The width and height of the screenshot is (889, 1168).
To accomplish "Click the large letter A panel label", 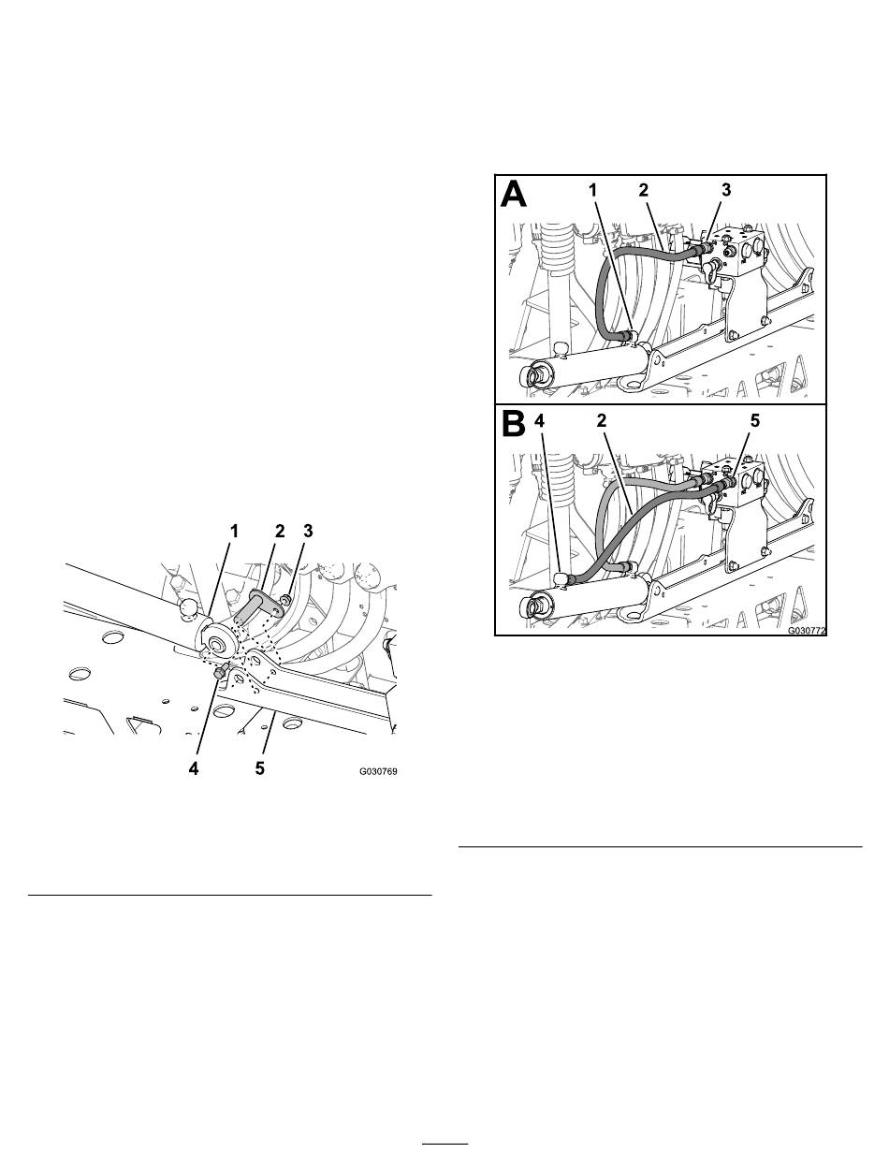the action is point(514,194).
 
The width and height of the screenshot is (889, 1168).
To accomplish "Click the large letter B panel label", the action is point(514,424).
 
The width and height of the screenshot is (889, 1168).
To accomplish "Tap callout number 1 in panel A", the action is point(593,190).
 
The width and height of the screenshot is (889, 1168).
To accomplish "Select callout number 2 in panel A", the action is point(644,190).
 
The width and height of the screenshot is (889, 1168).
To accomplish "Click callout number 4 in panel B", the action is point(539,420).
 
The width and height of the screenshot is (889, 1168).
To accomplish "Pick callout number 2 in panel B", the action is point(601,420).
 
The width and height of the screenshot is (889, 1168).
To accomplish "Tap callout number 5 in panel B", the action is point(755,420).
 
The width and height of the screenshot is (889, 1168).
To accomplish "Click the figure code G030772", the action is point(807,631).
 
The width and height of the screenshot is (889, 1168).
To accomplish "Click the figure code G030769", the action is point(378,771).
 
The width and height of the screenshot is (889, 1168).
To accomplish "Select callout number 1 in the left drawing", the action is point(234,531).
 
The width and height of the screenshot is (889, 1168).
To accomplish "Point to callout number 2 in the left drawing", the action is point(280,531).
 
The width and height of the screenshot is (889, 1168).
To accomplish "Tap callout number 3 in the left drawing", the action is point(308,531).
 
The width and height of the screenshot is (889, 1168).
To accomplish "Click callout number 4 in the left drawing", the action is point(194,768).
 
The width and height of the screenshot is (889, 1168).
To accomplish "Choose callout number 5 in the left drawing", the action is point(259,768).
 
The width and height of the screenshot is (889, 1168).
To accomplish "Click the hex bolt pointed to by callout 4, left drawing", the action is point(221,672).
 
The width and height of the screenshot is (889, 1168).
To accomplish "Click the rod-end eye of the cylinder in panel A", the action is point(532,375).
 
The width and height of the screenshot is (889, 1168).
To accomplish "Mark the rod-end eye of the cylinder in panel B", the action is point(532,606).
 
